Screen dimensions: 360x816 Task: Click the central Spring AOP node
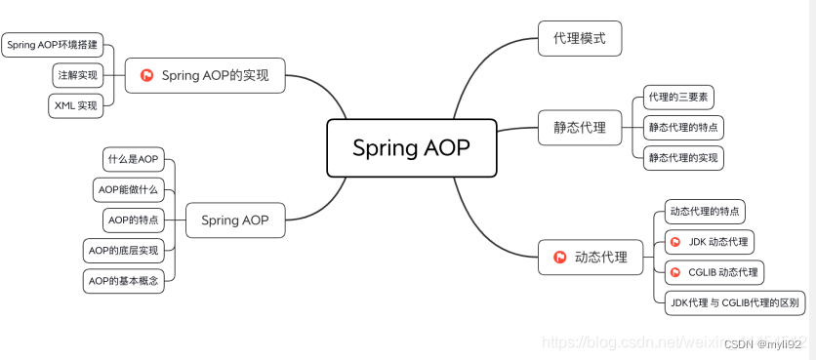click(411, 148)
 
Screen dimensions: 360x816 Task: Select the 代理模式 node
click(580, 39)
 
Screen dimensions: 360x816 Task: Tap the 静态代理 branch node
click(580, 127)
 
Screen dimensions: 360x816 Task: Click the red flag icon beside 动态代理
click(560, 258)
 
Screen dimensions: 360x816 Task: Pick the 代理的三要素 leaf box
click(678, 98)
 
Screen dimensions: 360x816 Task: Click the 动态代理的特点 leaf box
click(703, 212)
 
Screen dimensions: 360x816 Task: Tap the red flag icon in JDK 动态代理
click(674, 241)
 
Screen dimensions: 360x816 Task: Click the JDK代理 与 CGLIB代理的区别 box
click(734, 302)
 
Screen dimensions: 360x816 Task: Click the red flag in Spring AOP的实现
click(147, 75)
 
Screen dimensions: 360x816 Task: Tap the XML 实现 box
click(76, 105)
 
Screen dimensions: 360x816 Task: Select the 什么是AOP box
click(134, 159)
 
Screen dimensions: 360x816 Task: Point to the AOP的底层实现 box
click(123, 251)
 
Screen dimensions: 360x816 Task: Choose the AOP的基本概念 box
click(123, 281)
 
